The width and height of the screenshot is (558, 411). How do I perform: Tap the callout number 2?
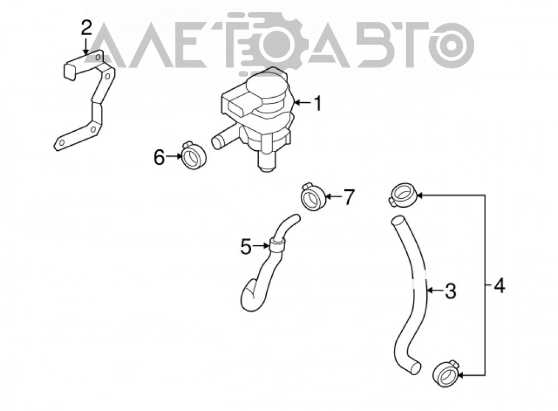(x=86, y=28)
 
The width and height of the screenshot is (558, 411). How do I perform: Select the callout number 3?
(x=450, y=291)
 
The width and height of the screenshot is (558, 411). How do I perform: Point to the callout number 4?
(x=499, y=285)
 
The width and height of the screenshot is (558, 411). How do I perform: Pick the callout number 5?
(x=246, y=246)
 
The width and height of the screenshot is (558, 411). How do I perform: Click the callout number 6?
(x=160, y=157)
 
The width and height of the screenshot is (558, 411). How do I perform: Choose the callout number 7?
(x=349, y=197)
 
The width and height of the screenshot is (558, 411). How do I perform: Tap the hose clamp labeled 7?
(x=313, y=197)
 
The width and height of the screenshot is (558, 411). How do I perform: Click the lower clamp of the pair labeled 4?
(x=445, y=375)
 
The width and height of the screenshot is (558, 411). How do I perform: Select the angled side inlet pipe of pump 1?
(x=224, y=137)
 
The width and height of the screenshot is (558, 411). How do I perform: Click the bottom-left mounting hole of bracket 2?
(x=61, y=143)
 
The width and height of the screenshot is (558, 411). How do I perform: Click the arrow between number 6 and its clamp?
(x=174, y=156)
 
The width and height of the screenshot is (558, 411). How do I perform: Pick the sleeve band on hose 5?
(x=277, y=245)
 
